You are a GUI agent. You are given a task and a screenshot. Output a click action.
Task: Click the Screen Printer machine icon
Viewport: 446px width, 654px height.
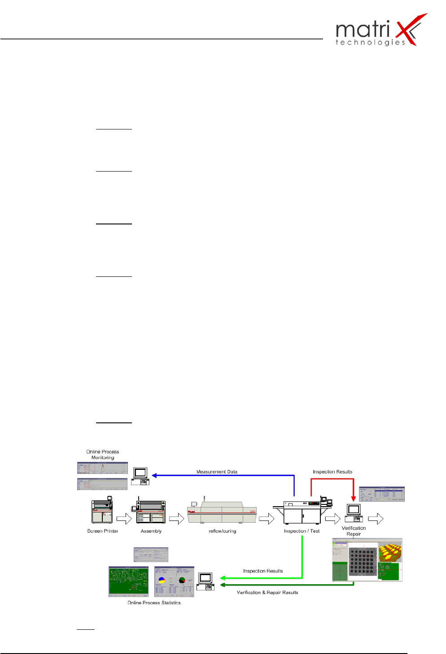102,511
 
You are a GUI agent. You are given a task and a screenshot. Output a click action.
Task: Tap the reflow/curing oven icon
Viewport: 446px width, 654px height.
222,513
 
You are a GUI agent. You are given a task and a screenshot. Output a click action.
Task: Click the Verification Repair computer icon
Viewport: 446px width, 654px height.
354,513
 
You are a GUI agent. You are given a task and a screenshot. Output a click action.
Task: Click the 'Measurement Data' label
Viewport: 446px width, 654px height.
217,472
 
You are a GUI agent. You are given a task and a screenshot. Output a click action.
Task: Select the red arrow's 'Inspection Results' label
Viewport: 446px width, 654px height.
332,472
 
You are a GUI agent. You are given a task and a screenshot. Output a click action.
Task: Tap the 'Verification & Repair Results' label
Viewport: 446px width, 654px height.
267,593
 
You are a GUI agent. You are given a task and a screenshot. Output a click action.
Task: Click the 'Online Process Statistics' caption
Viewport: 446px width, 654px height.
154,603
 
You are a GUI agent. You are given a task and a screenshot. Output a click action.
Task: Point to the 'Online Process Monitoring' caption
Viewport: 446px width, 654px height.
103,455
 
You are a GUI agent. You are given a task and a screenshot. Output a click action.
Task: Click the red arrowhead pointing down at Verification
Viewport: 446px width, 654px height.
354,498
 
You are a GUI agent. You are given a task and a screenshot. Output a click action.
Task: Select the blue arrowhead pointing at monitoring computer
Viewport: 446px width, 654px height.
154,476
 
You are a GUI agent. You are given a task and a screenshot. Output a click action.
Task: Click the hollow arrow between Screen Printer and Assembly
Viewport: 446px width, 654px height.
124,519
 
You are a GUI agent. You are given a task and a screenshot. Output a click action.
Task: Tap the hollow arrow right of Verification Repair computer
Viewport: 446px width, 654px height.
376,519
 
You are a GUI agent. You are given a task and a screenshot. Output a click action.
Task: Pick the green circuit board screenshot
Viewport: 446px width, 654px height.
128,581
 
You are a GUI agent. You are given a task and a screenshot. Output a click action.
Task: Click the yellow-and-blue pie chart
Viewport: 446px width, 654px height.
162,581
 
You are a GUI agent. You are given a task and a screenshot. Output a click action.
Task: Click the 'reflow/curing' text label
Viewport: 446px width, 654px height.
222,531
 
